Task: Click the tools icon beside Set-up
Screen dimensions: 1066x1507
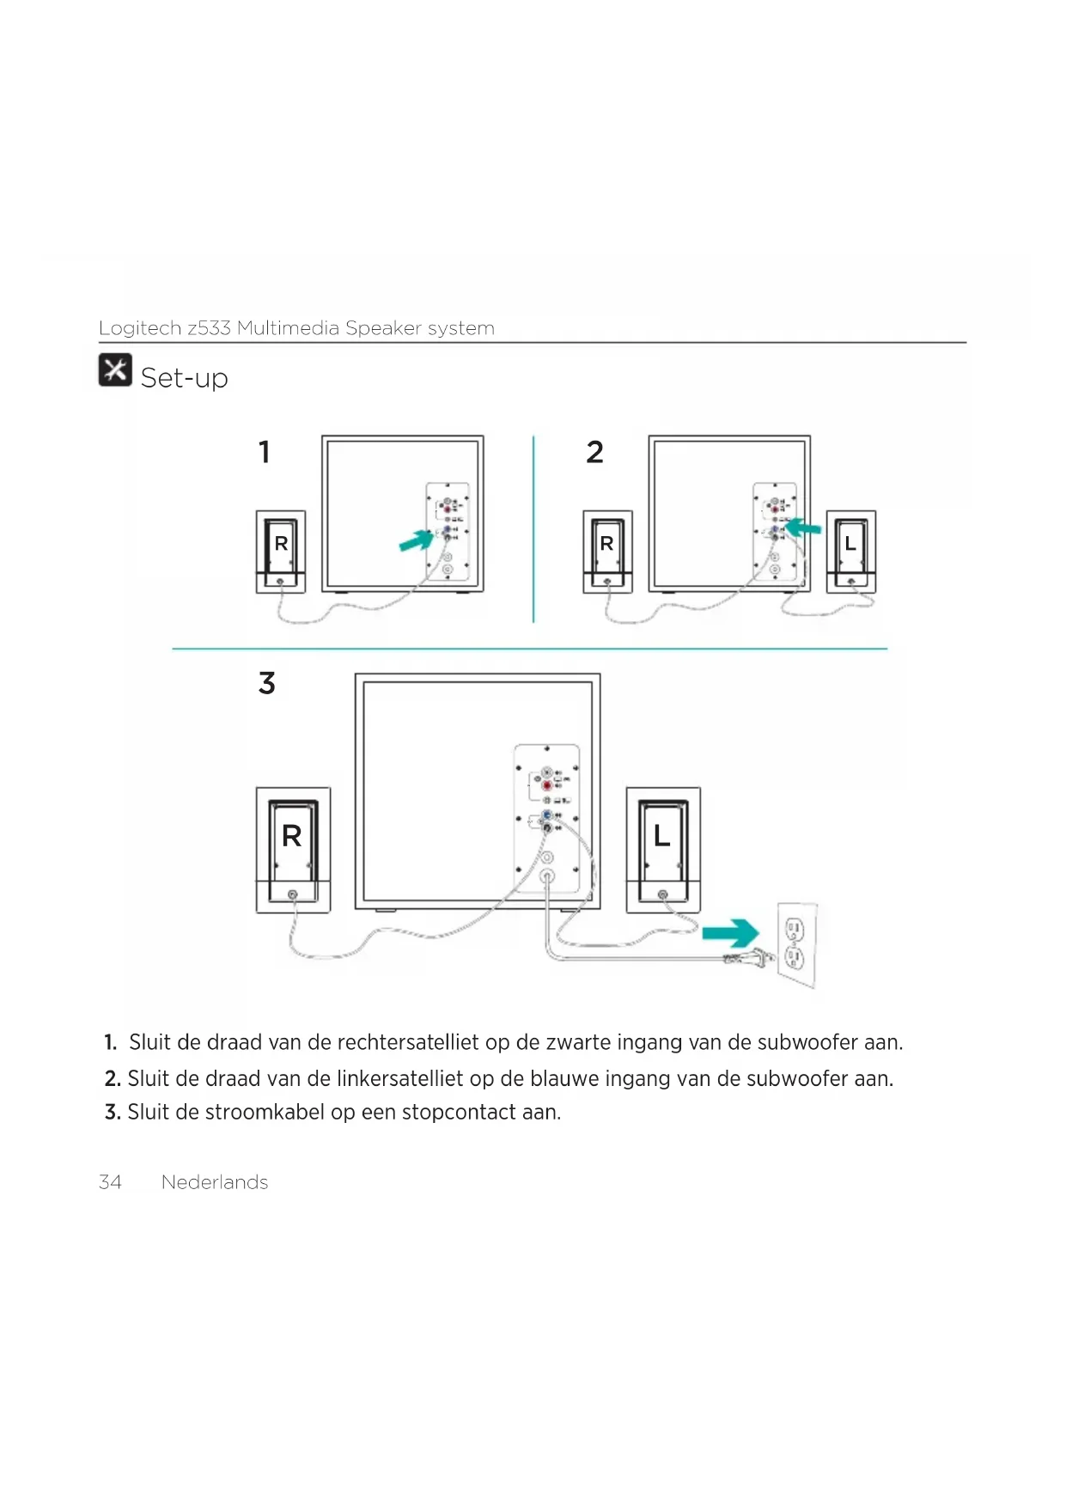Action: [x=115, y=370]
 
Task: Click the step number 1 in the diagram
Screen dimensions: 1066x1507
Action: [x=265, y=452]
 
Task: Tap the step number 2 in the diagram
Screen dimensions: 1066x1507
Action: [x=594, y=452]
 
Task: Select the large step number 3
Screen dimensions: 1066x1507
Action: [x=267, y=683]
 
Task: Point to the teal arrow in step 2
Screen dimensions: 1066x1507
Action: [x=804, y=527]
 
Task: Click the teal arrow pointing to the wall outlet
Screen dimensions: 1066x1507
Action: [x=730, y=933]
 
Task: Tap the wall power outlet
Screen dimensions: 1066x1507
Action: [x=795, y=943]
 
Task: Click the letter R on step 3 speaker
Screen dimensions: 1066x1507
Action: [x=292, y=836]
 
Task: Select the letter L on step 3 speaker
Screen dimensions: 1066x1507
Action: [x=661, y=836]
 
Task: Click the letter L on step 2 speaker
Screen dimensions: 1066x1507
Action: [x=850, y=544]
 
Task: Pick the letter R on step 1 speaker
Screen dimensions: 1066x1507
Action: [x=281, y=544]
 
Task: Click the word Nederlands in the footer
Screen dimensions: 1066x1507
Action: [x=215, y=1182]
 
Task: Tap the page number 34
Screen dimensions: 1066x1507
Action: [x=110, y=1182]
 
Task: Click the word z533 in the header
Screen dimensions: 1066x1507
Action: [x=209, y=328]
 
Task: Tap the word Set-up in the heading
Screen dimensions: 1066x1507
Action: [x=184, y=378]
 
